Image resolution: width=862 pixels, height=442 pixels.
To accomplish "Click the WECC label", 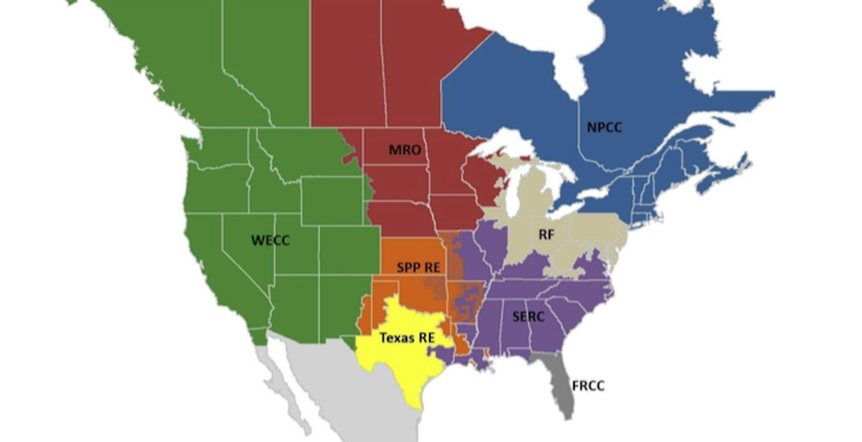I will coord(270,241).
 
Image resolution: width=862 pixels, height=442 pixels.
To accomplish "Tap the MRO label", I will coord(405,150).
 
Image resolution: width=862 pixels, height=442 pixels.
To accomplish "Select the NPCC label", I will coord(604,128).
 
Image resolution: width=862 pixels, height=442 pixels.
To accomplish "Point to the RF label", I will coord(546,235).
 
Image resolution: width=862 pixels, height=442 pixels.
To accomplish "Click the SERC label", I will coord(528,316).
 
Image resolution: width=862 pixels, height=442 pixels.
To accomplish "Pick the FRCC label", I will coord(588,386).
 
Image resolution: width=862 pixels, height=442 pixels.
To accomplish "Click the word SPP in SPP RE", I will coord(409,267).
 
